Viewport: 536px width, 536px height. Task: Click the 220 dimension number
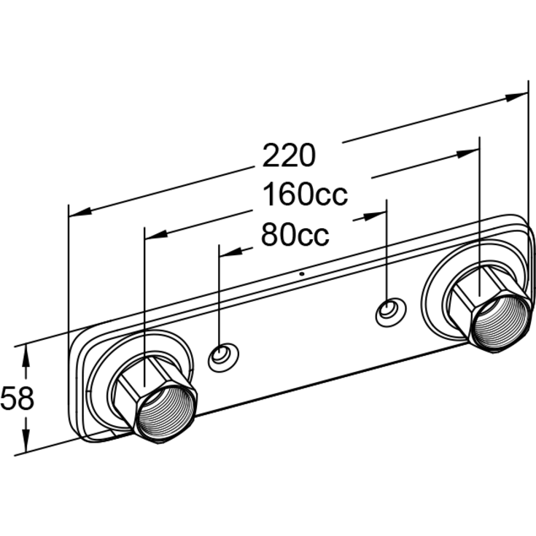[289, 155]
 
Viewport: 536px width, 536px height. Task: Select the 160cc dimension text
[305, 195]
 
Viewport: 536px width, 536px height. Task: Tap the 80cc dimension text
[295, 235]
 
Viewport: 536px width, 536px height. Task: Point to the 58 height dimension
[18, 398]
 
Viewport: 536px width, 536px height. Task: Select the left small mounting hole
[224, 357]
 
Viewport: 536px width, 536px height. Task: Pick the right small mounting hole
[391, 312]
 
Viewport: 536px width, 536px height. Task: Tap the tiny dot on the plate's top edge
[301, 273]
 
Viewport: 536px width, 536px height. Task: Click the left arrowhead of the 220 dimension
[80, 213]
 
